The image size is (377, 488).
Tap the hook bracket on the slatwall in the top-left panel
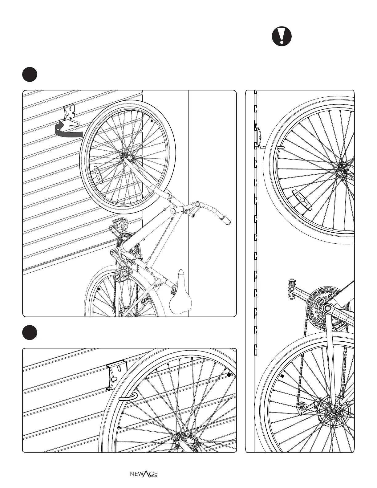[x=71, y=116]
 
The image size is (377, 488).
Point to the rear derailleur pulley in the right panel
[x=302, y=407]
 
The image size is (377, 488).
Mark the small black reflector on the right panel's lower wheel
[x=282, y=376]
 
